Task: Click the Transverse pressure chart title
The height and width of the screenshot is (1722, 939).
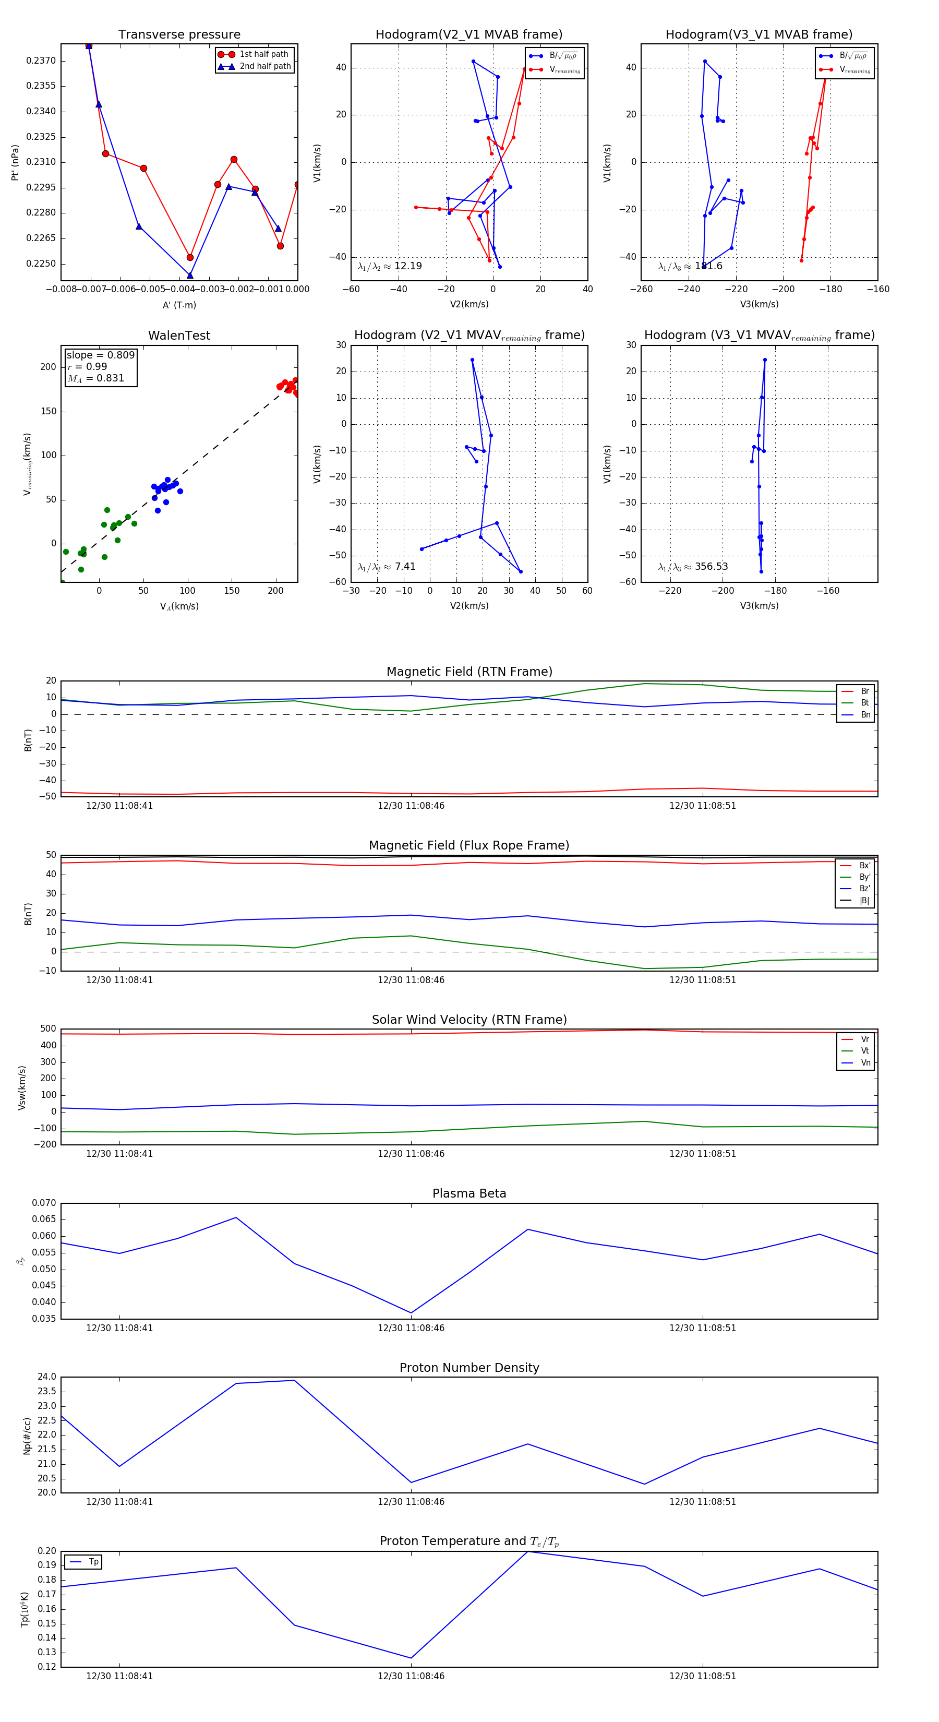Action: [179, 35]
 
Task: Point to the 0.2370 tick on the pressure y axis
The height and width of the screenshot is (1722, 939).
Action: [41, 61]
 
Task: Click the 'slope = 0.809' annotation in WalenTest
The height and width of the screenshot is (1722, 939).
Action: [100, 355]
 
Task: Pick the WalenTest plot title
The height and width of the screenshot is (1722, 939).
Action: [179, 336]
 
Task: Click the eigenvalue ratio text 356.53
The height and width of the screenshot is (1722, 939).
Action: [711, 566]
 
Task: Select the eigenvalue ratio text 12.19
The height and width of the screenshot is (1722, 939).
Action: [407, 266]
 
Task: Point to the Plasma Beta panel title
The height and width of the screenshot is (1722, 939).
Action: [469, 1194]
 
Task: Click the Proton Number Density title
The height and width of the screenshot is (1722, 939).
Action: [469, 1368]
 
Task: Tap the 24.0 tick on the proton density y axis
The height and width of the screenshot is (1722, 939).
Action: [47, 1377]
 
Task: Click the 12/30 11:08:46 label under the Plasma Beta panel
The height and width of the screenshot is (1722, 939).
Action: [411, 1328]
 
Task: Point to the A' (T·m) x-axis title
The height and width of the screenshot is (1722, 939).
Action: [179, 305]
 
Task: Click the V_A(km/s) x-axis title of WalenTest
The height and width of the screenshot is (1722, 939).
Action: [179, 606]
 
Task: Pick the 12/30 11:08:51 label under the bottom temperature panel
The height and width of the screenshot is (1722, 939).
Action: [702, 1676]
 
